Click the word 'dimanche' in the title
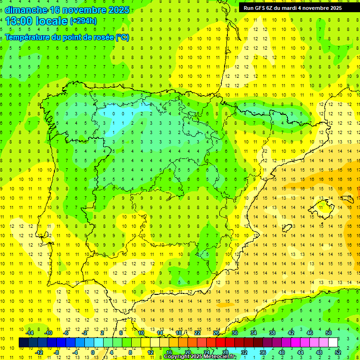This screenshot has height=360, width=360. tap(25, 10)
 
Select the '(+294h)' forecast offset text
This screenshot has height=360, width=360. tap(83, 21)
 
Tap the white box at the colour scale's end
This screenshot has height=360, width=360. tap(333, 342)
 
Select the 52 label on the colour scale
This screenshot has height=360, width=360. tap(338, 352)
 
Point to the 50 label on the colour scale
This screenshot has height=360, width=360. tap(329, 333)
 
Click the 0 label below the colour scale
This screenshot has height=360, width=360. tap(93, 352)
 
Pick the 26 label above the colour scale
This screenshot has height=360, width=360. tap(216, 333)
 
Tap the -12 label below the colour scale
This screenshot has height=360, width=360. tap(39, 352)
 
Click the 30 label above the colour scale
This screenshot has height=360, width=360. tap(235, 333)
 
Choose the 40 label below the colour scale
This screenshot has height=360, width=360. tap(282, 352)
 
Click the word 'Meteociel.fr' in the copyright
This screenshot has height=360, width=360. tap(219, 357)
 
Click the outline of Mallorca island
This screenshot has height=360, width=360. tap(322, 205)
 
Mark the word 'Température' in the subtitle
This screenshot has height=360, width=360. tap(28, 37)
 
